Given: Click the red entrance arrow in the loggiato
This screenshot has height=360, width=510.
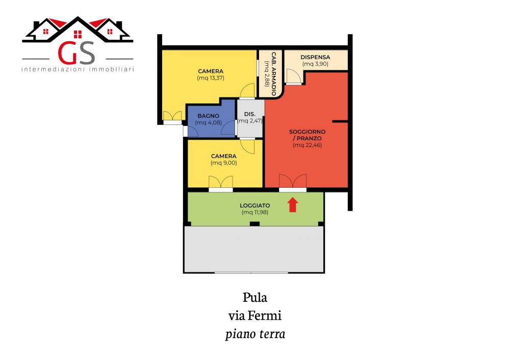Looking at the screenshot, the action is click(x=293, y=205).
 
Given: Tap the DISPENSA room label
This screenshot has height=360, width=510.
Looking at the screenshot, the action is click(x=315, y=57).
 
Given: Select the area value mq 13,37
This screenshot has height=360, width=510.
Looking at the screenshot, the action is click(x=211, y=78).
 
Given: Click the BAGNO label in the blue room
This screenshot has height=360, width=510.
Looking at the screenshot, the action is click(x=209, y=116).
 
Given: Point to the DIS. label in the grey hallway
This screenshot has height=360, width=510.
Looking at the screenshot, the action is click(x=250, y=114).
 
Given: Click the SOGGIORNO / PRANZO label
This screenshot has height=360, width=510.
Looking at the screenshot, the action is click(x=308, y=135).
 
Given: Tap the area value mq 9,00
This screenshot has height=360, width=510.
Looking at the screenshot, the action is click(x=224, y=163).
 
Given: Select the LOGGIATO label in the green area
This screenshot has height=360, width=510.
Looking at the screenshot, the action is click(x=255, y=205).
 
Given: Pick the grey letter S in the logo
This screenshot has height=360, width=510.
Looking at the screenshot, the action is click(x=87, y=53).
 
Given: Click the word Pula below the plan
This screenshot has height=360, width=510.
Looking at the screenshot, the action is click(x=255, y=298).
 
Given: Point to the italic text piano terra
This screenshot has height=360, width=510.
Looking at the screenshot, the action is click(x=256, y=335).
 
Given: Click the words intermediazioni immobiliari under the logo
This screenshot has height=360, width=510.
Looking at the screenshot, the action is click(x=78, y=69).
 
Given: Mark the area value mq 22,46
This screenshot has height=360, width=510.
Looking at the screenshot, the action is click(x=308, y=145).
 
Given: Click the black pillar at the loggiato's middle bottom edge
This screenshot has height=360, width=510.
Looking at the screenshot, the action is click(x=254, y=224).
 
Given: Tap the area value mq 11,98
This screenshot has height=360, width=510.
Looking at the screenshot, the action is click(x=255, y=212).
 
